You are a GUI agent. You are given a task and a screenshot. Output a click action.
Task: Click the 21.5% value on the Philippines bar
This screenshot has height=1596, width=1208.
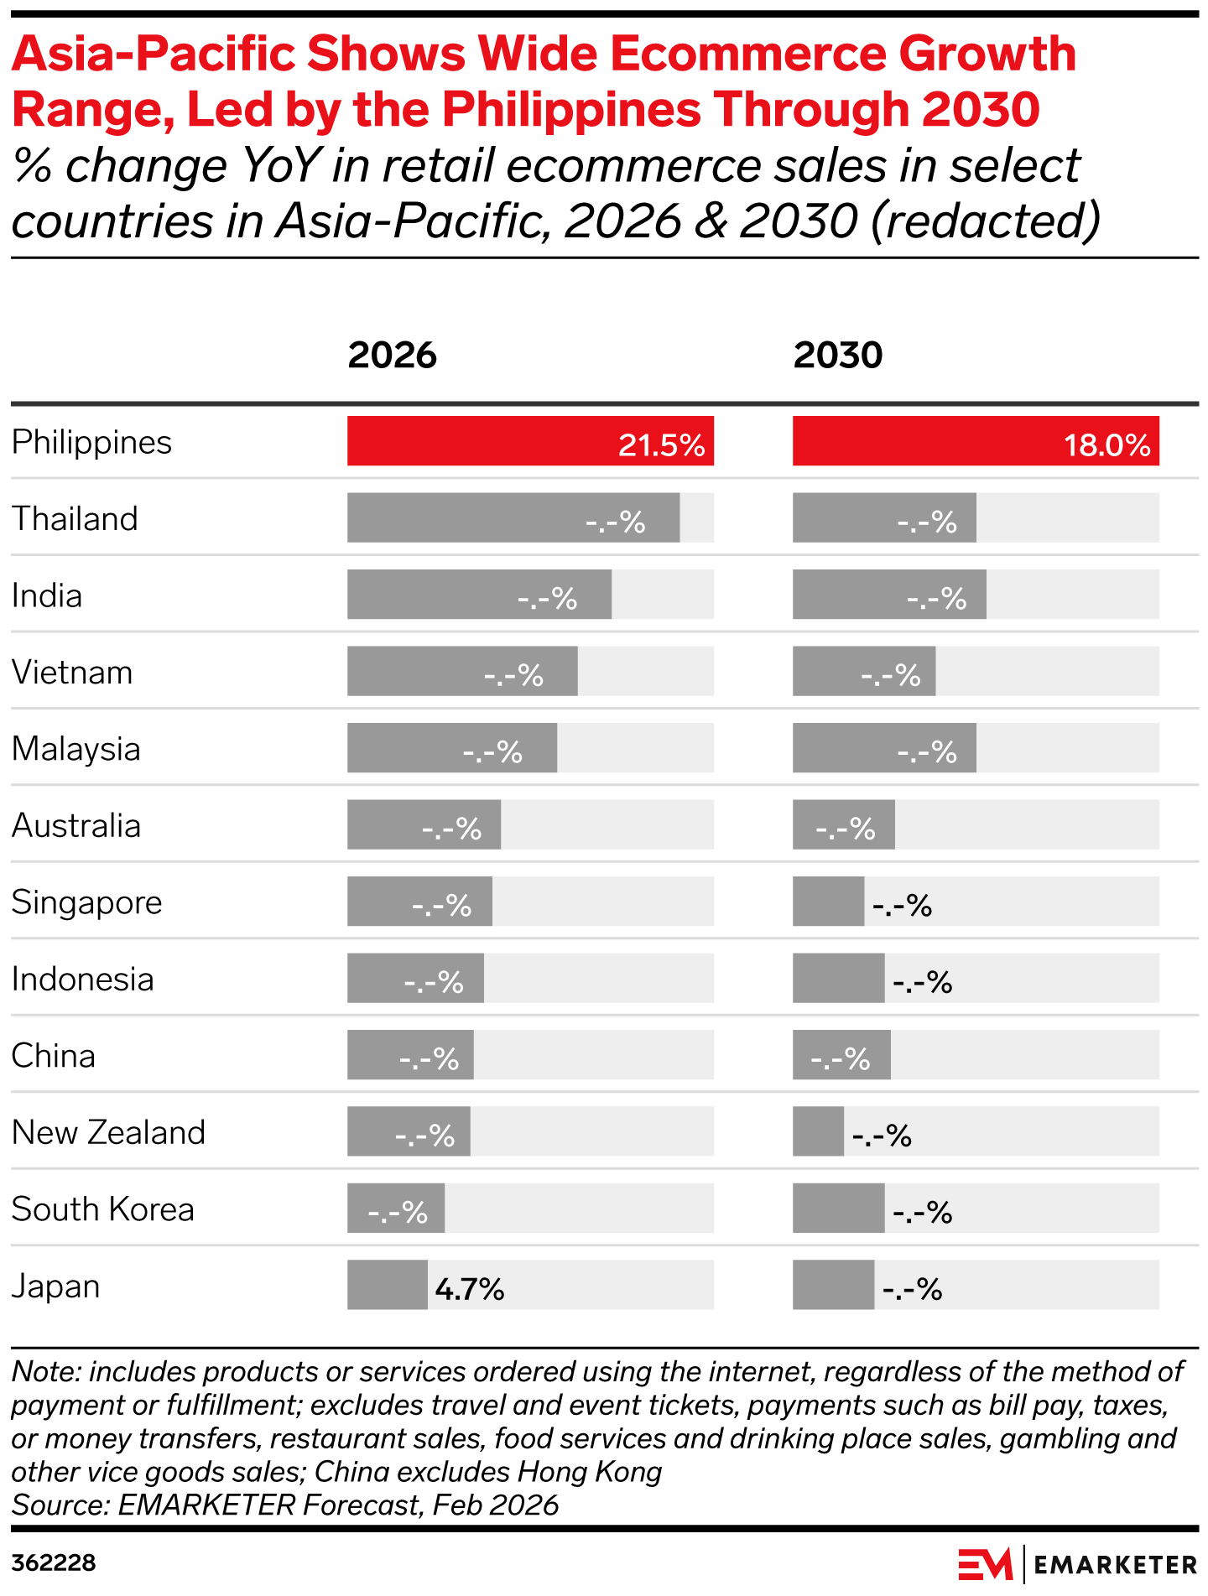pyautogui.click(x=661, y=444)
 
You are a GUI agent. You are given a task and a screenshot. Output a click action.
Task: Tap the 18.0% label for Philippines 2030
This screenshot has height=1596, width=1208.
pyautogui.click(x=1106, y=444)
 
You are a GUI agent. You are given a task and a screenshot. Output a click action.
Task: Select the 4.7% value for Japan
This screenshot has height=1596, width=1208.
pyautogui.click(x=470, y=1289)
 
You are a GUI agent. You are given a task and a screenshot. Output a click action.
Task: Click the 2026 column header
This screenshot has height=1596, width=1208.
pyautogui.click(x=392, y=356)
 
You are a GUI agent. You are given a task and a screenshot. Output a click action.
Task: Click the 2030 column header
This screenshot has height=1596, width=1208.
pyautogui.click(x=837, y=356)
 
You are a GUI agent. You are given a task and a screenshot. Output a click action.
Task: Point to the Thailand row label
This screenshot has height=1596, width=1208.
pyautogui.click(x=75, y=519)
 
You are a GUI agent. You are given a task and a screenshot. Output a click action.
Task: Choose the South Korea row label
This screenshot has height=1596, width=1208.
pyautogui.click(x=102, y=1209)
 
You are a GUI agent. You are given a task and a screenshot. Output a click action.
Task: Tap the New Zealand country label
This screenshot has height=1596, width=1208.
pyautogui.click(x=108, y=1133)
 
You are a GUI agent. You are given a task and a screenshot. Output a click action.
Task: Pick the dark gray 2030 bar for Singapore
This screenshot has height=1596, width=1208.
pyautogui.click(x=827, y=902)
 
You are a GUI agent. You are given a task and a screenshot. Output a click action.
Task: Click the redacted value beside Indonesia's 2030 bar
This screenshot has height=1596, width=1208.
pyautogui.click(x=922, y=982)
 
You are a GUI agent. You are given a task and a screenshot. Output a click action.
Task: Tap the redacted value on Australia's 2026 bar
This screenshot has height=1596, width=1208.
pyautogui.click(x=451, y=829)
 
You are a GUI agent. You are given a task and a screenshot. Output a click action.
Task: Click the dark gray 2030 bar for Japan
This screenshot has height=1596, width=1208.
pyautogui.click(x=832, y=1285)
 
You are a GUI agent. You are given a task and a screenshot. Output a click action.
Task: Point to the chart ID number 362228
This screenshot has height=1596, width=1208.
pyautogui.click(x=54, y=1563)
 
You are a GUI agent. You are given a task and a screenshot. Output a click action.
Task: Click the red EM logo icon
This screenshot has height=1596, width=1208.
pyautogui.click(x=985, y=1564)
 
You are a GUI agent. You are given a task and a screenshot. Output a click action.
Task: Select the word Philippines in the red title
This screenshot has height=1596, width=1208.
pyautogui.click(x=571, y=109)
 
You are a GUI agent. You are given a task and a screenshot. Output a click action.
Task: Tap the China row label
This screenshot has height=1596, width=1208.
pyautogui.click(x=53, y=1056)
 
